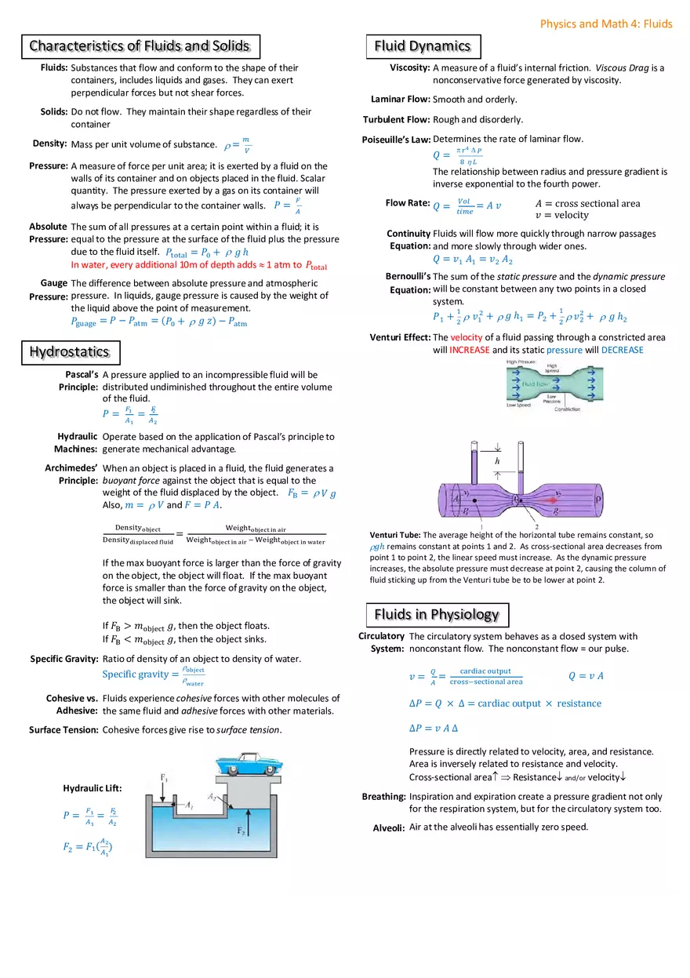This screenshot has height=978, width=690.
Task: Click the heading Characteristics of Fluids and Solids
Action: point(139,46)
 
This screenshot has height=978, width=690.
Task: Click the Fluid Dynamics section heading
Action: point(423,46)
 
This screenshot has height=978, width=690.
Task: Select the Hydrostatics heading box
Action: point(69,352)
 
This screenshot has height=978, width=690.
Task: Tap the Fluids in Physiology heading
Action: point(437,614)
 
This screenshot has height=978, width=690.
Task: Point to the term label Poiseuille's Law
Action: point(396,140)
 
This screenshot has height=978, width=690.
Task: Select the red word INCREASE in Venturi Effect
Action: point(470,350)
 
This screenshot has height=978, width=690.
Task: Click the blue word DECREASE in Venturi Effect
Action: point(622,350)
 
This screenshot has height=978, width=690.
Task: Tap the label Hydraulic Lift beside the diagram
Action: point(93,788)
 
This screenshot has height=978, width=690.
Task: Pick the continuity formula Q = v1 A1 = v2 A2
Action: point(472,260)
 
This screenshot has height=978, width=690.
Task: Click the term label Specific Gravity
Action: point(64,659)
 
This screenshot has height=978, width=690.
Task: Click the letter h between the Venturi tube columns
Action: point(497,462)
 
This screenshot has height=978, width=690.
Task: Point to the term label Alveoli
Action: point(389,828)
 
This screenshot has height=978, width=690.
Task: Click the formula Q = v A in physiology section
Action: point(585,676)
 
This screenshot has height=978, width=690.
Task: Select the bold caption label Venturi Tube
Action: point(395,535)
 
